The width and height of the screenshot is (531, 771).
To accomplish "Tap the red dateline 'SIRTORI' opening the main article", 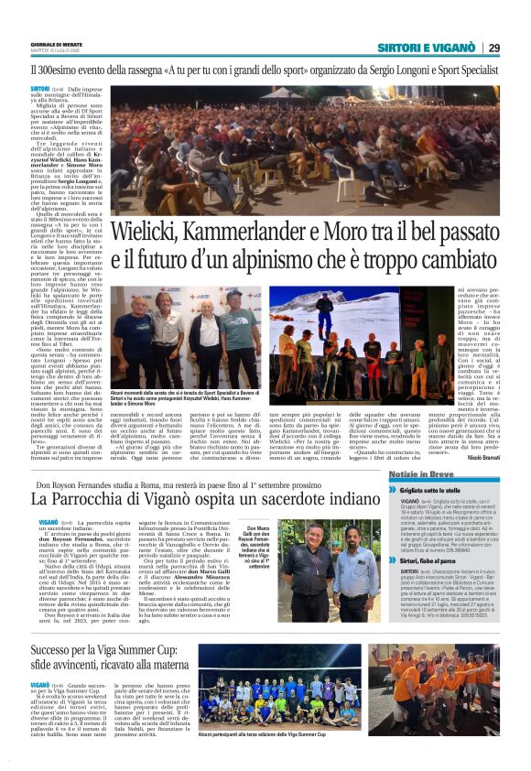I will click(40, 87).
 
